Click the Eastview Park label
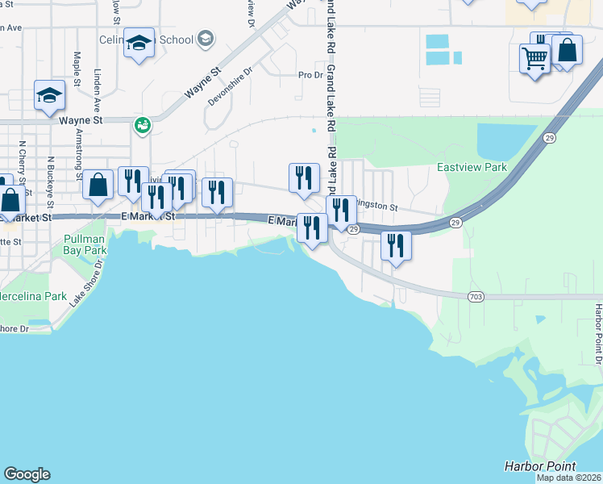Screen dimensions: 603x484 click(472, 167)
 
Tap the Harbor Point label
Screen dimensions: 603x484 click(540, 466)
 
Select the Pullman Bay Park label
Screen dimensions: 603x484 click(85, 245)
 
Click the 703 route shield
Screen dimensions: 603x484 click(476, 297)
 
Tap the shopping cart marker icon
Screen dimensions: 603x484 click(535, 58)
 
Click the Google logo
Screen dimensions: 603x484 click(27, 474)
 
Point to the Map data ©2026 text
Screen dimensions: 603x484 click(568, 478)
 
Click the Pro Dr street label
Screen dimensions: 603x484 click(310, 75)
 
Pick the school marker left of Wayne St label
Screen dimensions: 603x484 click(49, 96)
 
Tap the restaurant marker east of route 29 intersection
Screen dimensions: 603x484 click(396, 245)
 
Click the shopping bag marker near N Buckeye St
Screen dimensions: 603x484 click(98, 185)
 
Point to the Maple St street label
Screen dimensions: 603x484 click(77, 69)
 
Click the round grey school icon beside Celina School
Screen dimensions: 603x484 click(206, 39)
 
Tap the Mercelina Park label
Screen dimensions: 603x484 click(34, 296)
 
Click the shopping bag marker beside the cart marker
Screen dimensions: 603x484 click(568, 50)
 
